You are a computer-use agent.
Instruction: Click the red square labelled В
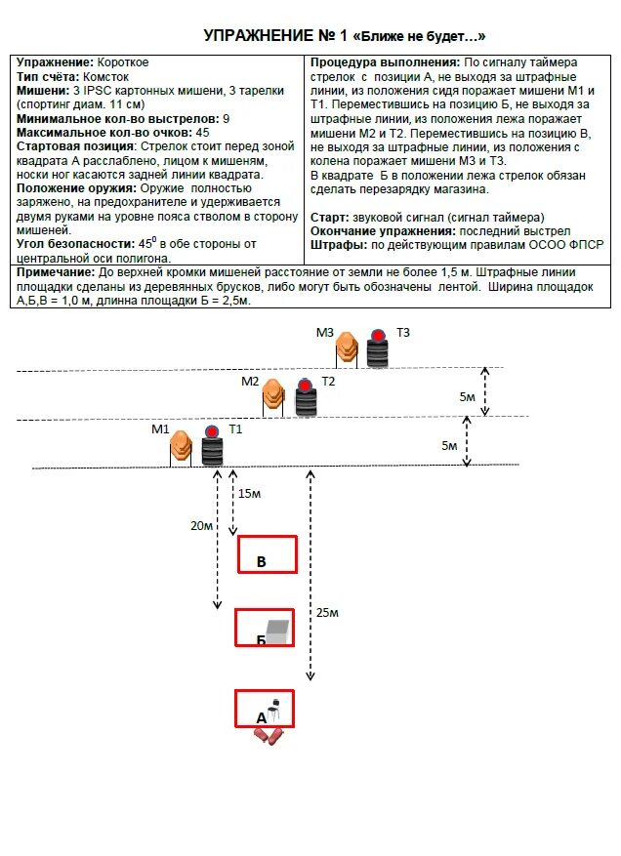(268, 553)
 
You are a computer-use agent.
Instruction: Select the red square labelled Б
(264, 628)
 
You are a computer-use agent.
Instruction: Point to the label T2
(328, 381)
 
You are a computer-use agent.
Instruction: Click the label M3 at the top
(325, 332)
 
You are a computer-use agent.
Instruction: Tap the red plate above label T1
(212, 431)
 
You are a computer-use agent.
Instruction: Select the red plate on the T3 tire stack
(377, 337)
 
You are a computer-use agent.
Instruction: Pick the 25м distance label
(326, 612)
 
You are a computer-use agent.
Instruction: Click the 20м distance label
(202, 525)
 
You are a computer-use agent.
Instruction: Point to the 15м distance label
(250, 494)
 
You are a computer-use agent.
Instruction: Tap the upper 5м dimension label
(468, 396)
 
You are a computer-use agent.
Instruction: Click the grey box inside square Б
(278, 630)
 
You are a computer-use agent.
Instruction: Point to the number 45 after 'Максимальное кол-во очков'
(203, 132)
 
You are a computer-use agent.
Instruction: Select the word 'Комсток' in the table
(105, 75)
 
